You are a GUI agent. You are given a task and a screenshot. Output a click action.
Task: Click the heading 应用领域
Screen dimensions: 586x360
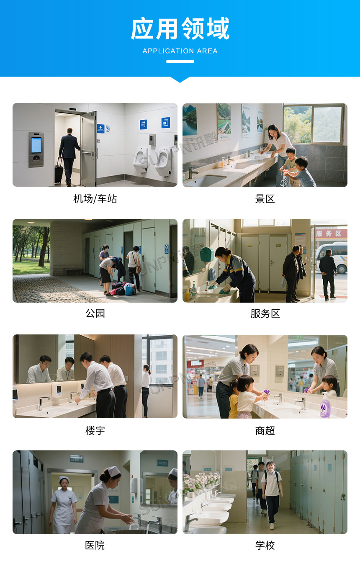pos(180,29)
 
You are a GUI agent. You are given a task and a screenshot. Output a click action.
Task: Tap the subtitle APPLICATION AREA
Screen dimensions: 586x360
pos(180,51)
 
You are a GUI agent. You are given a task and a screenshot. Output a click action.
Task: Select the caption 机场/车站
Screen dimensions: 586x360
pos(95,199)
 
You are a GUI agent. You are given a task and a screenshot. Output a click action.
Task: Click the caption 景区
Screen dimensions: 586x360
pos(265,199)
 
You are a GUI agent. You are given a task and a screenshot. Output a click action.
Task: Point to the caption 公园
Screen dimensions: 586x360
pos(95,313)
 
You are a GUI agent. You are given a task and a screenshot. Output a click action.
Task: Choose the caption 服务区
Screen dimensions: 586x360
pos(265,313)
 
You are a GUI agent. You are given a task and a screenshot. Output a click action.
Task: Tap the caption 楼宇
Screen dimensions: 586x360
pos(95,430)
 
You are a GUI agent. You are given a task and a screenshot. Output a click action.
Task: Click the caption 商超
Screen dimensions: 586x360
pos(265,430)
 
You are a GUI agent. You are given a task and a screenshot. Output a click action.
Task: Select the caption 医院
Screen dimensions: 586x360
pos(95,545)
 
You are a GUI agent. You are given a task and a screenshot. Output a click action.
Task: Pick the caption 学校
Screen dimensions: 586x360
pos(265,545)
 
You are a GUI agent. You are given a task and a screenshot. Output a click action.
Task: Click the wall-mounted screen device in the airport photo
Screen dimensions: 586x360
pos(36,149)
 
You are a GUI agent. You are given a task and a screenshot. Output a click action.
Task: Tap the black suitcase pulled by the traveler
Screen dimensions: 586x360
pos(59,174)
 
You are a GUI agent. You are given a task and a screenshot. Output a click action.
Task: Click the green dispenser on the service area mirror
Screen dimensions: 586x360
pos(206,254)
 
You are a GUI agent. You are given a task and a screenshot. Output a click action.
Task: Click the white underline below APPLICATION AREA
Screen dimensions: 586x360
pos(180,62)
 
